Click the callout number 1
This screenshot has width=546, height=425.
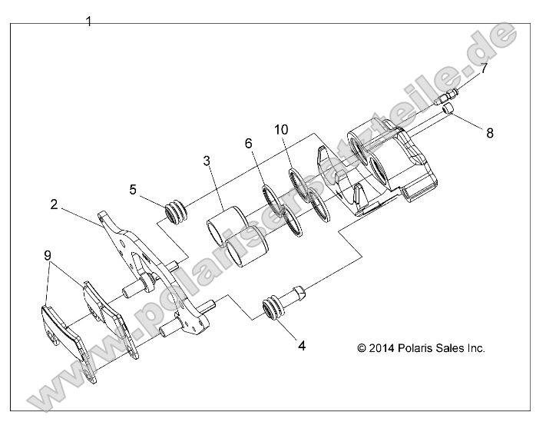89,22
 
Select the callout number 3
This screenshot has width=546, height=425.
207,161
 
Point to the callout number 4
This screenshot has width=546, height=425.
302,346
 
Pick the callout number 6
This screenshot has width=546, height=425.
248,144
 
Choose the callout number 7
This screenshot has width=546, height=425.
485,68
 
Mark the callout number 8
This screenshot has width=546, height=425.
489,132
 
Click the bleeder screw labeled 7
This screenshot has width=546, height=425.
448,98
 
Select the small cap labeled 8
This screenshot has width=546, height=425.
448,115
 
